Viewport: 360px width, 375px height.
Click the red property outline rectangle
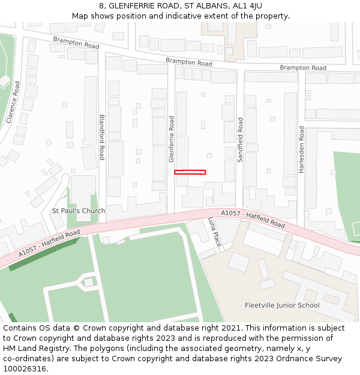(x=190, y=172)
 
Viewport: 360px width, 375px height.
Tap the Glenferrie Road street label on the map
(x=172, y=139)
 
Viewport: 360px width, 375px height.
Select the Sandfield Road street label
(x=240, y=140)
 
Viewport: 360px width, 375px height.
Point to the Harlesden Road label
(x=302, y=150)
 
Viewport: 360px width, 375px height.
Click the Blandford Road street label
(x=102, y=137)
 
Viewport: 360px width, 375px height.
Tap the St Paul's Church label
(x=79, y=211)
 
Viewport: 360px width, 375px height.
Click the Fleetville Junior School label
(x=282, y=305)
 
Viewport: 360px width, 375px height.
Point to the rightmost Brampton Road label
(x=303, y=68)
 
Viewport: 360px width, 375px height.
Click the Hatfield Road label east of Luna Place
(x=253, y=218)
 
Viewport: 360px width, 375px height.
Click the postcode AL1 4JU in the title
(x=247, y=5)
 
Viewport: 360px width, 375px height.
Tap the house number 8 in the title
(x=102, y=5)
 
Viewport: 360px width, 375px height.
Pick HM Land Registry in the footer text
(x=31, y=349)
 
